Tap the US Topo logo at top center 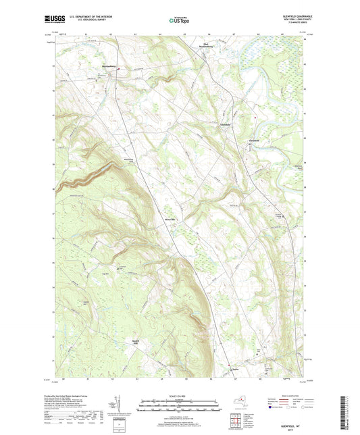[180, 21]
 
